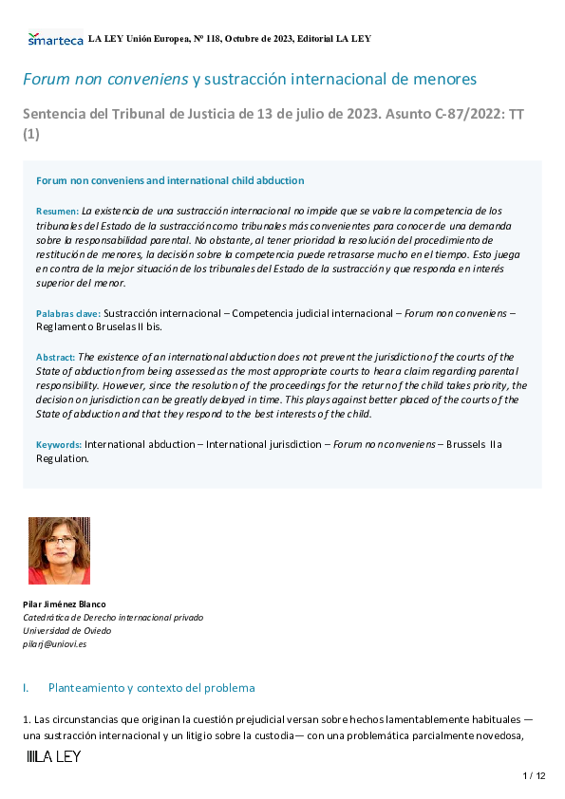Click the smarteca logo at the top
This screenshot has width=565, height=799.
click(55, 39)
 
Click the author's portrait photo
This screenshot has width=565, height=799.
click(59, 550)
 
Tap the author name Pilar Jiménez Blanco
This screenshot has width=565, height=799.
click(65, 604)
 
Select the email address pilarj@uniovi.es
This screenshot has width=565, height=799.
click(54, 644)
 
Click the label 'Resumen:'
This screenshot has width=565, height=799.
click(57, 210)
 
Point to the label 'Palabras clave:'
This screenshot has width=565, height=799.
click(68, 312)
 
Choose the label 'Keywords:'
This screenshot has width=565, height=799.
click(59, 444)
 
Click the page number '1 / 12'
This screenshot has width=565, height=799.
click(535, 776)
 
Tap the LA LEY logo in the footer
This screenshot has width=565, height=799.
click(54, 756)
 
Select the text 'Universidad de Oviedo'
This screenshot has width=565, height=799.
click(66, 631)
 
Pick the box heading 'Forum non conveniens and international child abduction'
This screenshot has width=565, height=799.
click(170, 180)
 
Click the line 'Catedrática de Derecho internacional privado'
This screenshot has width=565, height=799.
click(113, 618)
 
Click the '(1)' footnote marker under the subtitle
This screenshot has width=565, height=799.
click(30, 135)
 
